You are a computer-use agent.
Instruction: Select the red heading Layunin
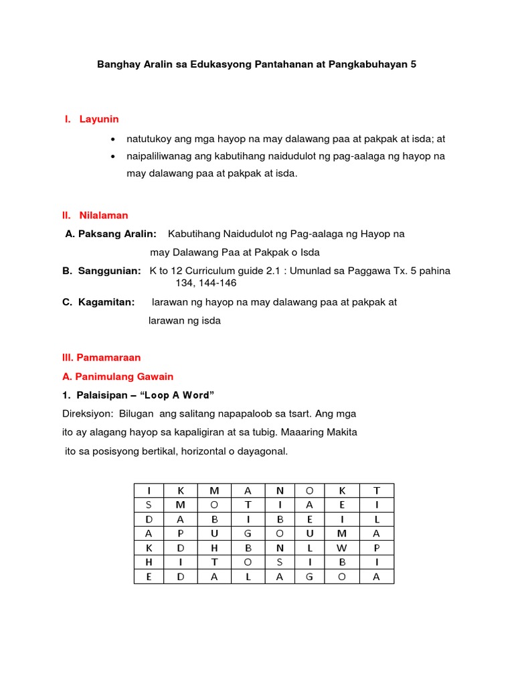click(x=99, y=119)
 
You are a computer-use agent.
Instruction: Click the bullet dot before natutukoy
click(x=113, y=139)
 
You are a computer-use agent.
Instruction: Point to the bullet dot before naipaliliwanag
click(x=113, y=156)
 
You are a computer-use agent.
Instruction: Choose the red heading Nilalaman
click(x=104, y=215)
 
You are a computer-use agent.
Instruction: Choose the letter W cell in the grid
click(x=341, y=547)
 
